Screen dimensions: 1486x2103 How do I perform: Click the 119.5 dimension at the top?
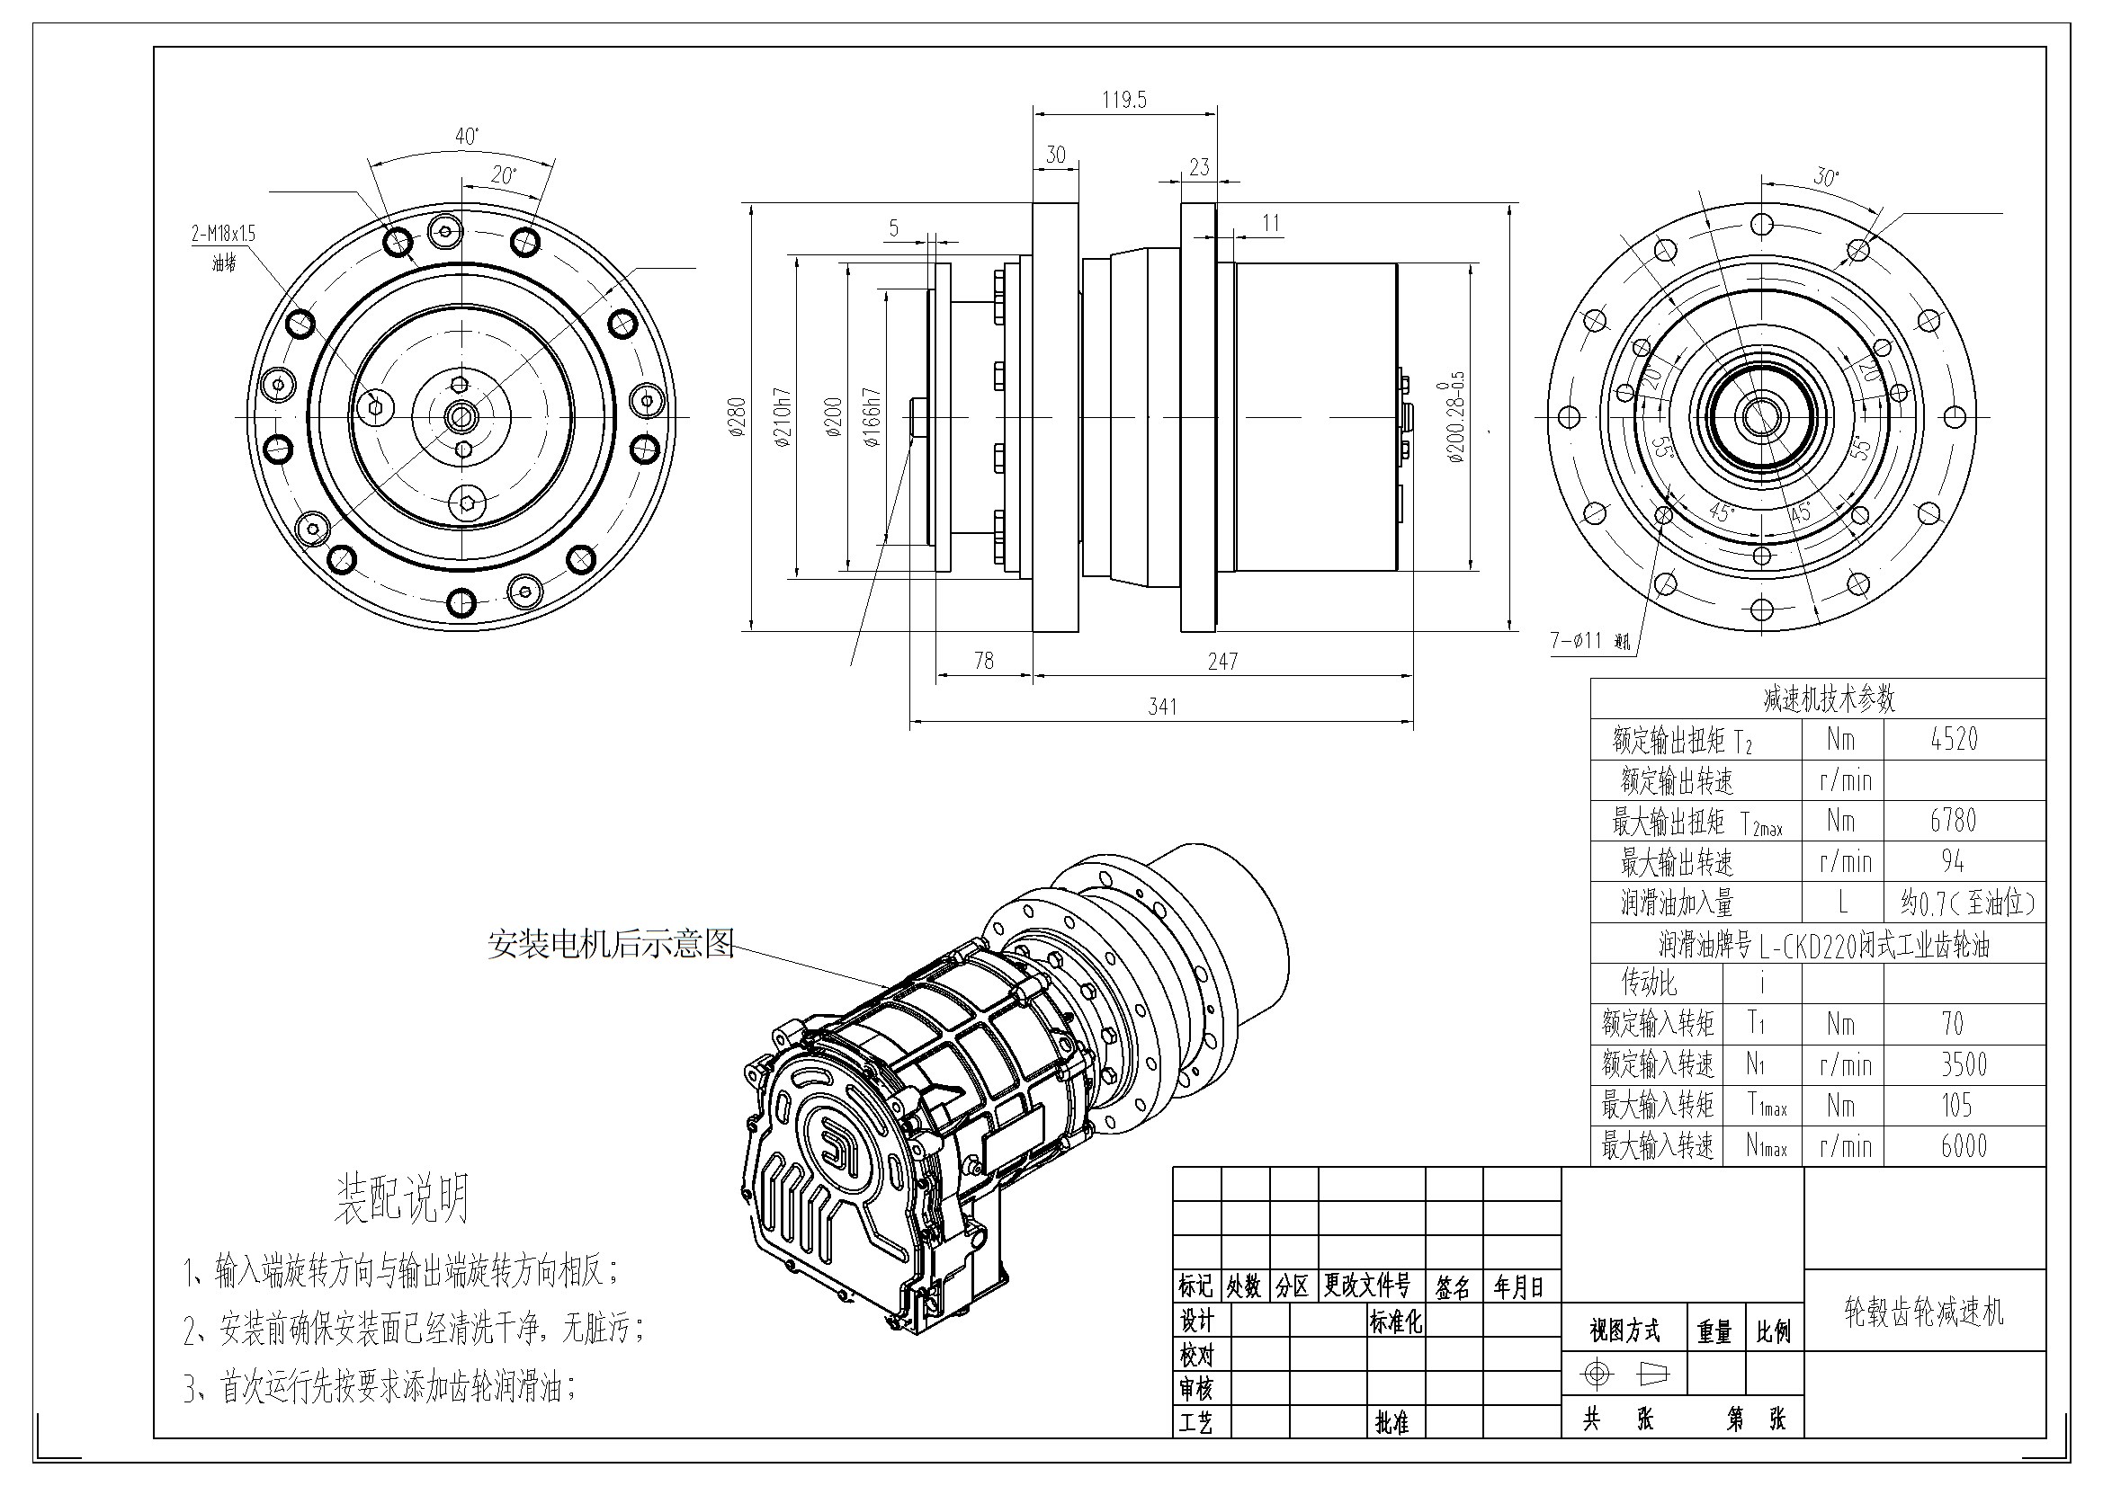(x=1123, y=100)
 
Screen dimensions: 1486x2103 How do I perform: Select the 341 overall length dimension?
(x=1162, y=707)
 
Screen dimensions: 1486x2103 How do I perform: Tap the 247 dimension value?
(x=1222, y=661)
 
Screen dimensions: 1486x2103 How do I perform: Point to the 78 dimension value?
(x=984, y=661)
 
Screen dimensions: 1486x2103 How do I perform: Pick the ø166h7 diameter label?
(x=872, y=416)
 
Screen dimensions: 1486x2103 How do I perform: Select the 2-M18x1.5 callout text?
(x=223, y=234)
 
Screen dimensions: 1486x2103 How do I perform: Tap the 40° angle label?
(x=467, y=137)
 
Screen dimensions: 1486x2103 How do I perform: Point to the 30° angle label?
(x=1826, y=177)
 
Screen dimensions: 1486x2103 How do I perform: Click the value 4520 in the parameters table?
(x=1955, y=739)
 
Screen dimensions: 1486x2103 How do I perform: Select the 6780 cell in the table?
(x=1954, y=821)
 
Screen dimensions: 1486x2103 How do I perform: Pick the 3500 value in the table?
(x=1964, y=1064)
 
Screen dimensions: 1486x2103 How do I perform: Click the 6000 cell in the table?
(x=1964, y=1146)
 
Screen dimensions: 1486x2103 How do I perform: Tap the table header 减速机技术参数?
(x=1829, y=699)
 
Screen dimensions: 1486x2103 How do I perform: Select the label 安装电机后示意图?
(x=611, y=944)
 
